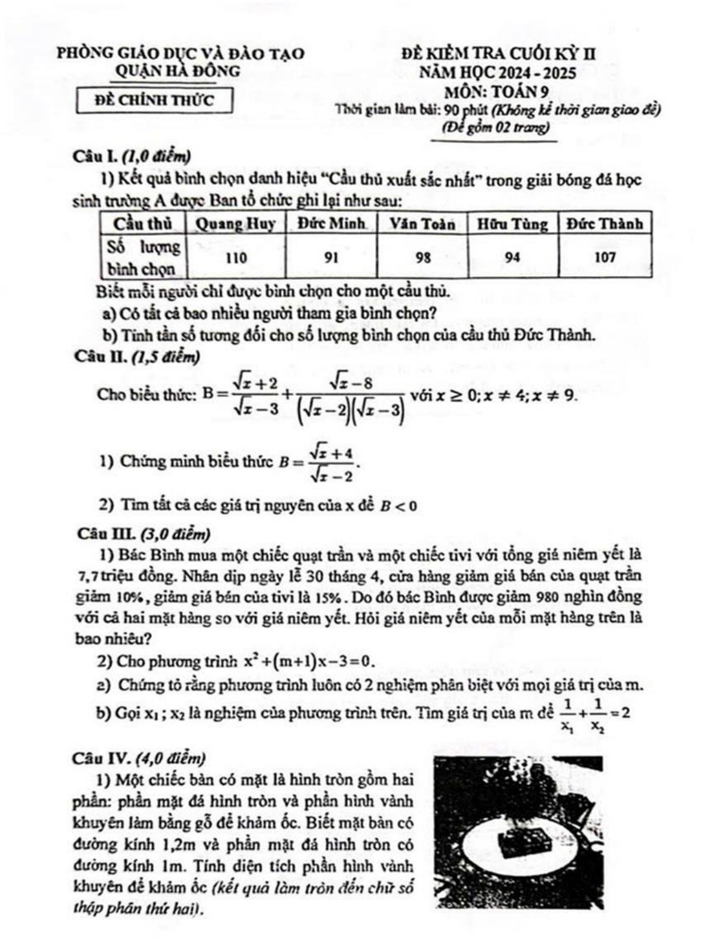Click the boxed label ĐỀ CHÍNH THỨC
pos(155,100)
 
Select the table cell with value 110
pos(236,258)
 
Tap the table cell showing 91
pos(331,258)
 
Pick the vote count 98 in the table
pos(423,258)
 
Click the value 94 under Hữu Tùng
pos(512,258)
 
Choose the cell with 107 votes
pos(605,257)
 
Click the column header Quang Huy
pos(236,224)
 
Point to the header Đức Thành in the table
pos(605,224)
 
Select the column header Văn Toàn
pos(422,224)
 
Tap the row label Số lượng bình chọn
pos(144,257)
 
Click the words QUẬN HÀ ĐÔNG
pos(177,72)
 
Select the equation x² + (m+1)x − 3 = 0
pos(310,662)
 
